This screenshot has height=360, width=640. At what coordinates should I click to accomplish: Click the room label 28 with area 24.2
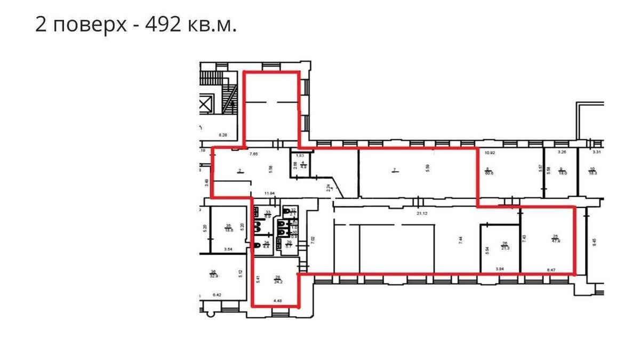pyautogui.click(x=278, y=279)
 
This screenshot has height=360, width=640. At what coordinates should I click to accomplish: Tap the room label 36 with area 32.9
pyautogui.click(x=213, y=274)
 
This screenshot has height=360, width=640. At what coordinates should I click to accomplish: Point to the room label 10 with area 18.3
pyautogui.click(x=592, y=171)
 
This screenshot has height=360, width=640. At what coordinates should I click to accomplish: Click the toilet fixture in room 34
pyautogui.click(x=258, y=245)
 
